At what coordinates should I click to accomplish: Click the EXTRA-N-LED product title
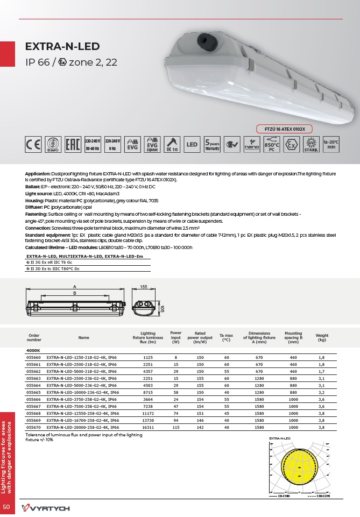pyautogui.click(x=62, y=47)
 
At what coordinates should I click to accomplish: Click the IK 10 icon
pyautogui.click(x=171, y=144)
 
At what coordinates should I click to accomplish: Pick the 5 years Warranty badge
pyautogui.click(x=212, y=144)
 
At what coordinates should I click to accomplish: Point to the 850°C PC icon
pyautogui.click(x=272, y=144)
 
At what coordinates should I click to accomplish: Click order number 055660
pyautogui.click(x=34, y=357)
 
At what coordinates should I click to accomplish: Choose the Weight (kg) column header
pyautogui.click(x=322, y=337)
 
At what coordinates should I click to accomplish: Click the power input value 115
pyautogui.click(x=175, y=427)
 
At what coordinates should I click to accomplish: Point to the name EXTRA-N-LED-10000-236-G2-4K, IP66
pyautogui.click(x=82, y=392)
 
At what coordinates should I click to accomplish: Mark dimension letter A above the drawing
pyautogui.click(x=75, y=287)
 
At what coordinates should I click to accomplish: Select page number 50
pyautogui.click(x=7, y=507)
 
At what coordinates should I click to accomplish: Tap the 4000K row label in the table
pyautogui.click(x=34, y=350)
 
